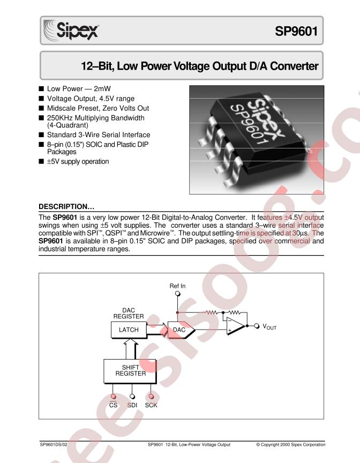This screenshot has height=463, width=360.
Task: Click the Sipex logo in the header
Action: pos(71,30)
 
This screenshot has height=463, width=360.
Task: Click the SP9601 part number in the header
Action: pos(296,31)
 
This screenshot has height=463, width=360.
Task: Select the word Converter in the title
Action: pos(294,66)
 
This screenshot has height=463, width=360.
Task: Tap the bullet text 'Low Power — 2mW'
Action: pos(79,88)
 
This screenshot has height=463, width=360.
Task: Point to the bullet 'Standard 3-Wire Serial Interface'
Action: pos(99,135)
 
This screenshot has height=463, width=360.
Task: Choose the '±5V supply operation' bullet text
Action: pos(78,161)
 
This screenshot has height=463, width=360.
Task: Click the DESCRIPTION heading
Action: pos(66,206)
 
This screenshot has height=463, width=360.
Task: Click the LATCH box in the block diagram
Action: pos(129,330)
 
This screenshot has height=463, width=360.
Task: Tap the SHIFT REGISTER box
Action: pos(130,371)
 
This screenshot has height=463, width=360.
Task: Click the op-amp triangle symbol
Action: pos(235,326)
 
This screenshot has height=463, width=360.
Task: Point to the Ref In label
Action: pos(177,286)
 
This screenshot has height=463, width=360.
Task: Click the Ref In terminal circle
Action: pos(178,294)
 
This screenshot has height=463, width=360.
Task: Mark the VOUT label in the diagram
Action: pos(269,327)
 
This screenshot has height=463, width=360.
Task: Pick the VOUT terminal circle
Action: pos(257,326)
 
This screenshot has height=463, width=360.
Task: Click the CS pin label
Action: pos(114,405)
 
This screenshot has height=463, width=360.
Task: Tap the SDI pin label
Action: pos(132,405)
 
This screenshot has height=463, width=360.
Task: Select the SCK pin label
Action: pos(151,405)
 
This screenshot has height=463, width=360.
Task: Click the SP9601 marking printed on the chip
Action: pos(250,124)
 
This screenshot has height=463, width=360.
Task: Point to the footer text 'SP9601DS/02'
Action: pos(54,444)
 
